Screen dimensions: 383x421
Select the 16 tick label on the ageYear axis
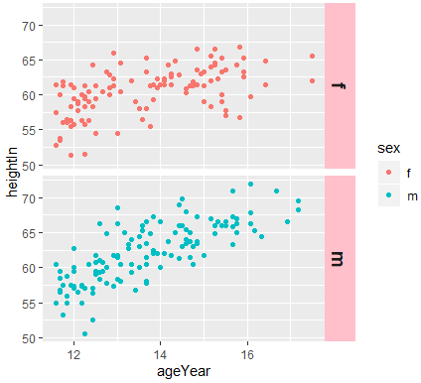pyautogui.click(x=247, y=352)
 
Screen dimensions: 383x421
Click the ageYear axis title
pyautogui.click(x=184, y=370)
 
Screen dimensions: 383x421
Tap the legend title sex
pyautogui.click(x=375, y=148)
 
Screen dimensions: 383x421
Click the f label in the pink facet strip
pyautogui.click(x=339, y=86)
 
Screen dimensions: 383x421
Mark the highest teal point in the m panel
pyautogui.click(x=250, y=184)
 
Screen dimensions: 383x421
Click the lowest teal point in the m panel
pyautogui.click(x=84, y=333)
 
